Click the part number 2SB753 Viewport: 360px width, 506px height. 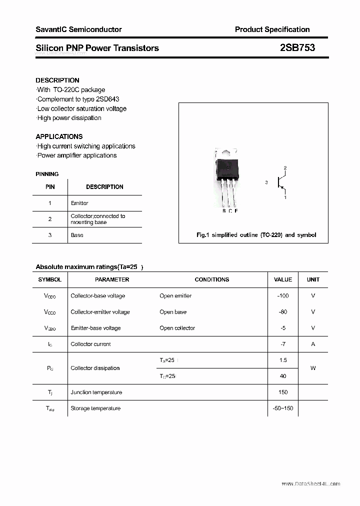[x=297, y=48]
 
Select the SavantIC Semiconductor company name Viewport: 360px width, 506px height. [x=78, y=29]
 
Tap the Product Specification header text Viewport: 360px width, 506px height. [x=272, y=29]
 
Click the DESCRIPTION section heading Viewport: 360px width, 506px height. [x=57, y=80]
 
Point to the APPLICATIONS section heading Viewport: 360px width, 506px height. [x=59, y=136]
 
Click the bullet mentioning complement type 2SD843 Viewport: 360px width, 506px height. [x=77, y=99]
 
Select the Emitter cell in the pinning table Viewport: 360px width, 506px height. [x=79, y=203]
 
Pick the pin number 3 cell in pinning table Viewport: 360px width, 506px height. [x=50, y=235]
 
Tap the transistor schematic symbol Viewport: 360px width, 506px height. [x=280, y=182]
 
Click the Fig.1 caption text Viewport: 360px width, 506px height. [x=255, y=235]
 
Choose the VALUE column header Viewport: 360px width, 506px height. [x=283, y=279]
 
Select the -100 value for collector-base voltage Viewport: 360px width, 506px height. [x=283, y=295]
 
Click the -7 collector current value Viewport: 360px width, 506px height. [x=283, y=344]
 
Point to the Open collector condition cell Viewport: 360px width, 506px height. [x=177, y=328]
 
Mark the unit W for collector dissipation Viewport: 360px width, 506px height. [x=313, y=368]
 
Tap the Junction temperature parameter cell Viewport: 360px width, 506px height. [x=96, y=392]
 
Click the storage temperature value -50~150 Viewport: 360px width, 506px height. [x=283, y=408]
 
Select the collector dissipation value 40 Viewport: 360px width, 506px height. [x=283, y=376]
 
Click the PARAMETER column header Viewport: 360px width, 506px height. [x=112, y=279]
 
